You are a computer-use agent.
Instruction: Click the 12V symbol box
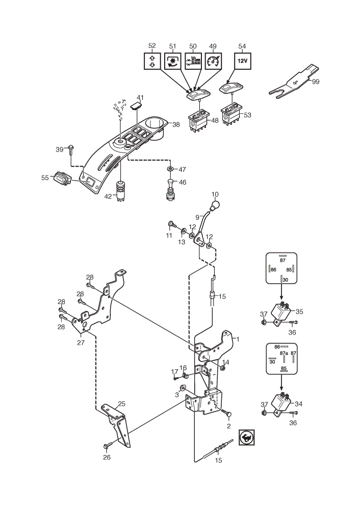243,61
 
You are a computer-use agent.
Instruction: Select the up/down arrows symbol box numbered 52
152,61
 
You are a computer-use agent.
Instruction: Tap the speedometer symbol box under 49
213,61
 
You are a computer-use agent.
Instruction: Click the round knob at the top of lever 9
215,205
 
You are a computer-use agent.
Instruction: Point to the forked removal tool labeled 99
294,82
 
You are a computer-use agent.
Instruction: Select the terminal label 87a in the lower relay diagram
284,353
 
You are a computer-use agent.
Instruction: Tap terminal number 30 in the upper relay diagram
285,279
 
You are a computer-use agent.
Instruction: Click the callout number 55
45,177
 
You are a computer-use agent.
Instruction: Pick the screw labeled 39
71,151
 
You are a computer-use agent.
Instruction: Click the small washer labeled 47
170,169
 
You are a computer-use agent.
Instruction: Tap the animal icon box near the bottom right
246,438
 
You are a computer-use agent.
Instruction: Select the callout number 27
81,343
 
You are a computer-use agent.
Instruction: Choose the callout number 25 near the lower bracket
122,404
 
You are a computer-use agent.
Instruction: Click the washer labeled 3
183,388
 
